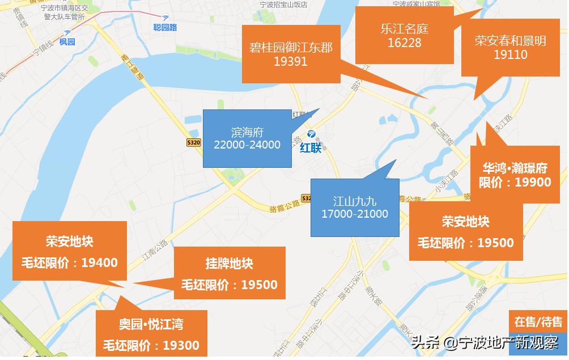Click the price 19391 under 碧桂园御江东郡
[290, 62]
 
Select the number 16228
[405, 43]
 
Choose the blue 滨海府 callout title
[248, 132]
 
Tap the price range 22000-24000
[247, 145]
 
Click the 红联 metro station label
[311, 149]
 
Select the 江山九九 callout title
[355, 201]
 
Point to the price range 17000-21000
[355, 214]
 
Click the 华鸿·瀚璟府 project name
[515, 168]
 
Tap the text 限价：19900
[515, 182]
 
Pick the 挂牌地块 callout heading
[229, 264]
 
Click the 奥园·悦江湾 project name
[151, 325]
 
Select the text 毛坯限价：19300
[151, 345]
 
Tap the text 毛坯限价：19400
[69, 262]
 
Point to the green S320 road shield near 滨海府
[194, 143]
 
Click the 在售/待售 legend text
[538, 322]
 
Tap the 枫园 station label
[67, 42]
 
